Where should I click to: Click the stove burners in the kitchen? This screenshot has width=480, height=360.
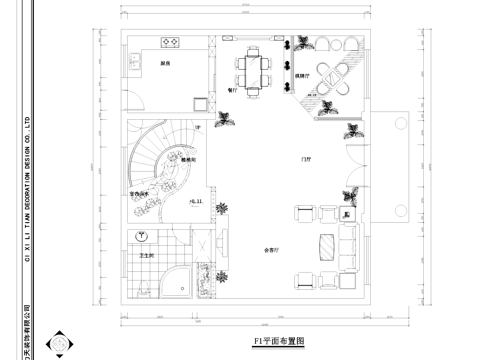(170, 43)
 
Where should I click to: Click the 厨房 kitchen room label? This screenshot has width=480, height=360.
(164, 64)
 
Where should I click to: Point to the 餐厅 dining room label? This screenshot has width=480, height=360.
(232, 89)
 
